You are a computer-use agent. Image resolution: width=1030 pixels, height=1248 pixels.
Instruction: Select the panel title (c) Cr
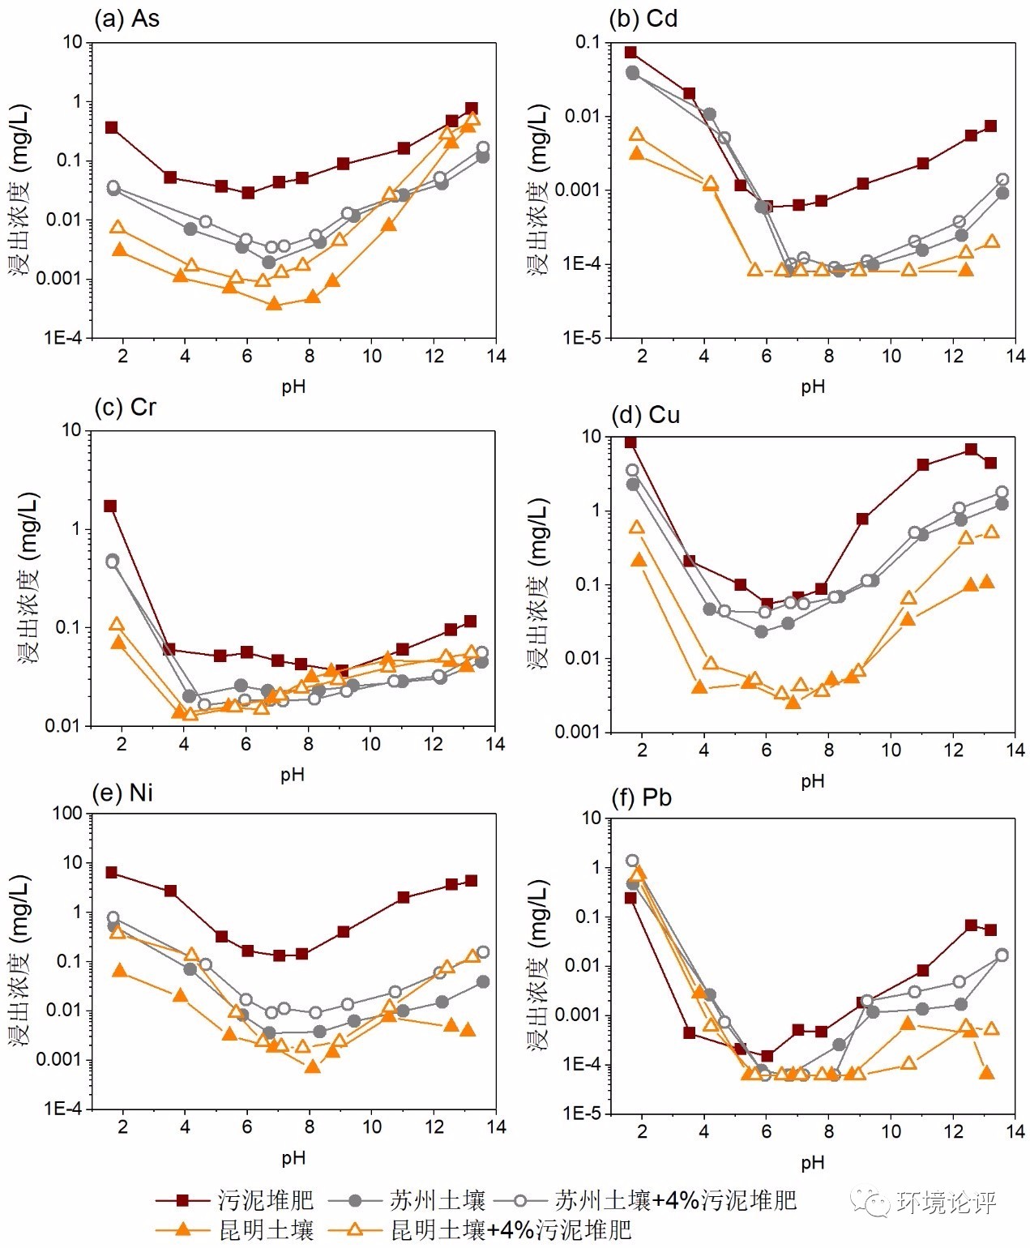tap(125, 407)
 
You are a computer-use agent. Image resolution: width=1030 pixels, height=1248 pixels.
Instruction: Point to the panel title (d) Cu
tap(645, 415)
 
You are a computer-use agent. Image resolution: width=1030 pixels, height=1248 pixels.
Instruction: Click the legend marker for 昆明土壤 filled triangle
tap(183, 1230)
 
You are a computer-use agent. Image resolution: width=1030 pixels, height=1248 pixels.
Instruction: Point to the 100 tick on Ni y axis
tap(67, 813)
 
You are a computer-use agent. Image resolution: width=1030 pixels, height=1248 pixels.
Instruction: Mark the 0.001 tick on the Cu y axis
tap(577, 732)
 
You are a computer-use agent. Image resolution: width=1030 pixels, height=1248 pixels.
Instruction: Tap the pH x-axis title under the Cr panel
tap(293, 774)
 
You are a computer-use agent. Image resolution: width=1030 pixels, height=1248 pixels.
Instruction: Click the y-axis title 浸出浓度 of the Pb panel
tap(539, 964)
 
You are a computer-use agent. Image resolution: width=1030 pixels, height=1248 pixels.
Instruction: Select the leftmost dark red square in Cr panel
tap(110, 506)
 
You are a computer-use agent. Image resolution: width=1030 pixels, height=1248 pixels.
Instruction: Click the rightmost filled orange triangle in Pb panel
tap(986, 1073)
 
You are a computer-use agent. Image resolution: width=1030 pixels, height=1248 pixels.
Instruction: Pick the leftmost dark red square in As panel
tap(111, 128)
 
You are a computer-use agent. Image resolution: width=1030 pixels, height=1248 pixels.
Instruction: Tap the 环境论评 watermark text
tap(946, 1203)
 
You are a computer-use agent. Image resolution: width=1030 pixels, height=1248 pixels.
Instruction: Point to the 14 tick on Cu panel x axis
tap(1015, 750)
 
